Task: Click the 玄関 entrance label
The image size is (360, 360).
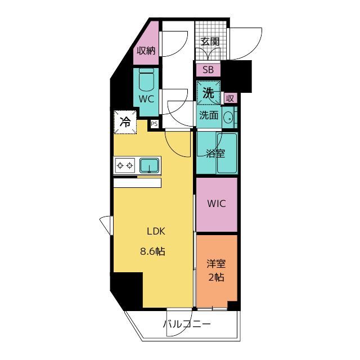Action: (210, 42)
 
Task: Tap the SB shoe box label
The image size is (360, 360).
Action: (208, 70)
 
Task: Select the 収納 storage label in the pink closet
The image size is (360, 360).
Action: (146, 51)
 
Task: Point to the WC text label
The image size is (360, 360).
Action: (146, 99)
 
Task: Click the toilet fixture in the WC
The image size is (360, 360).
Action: (146, 80)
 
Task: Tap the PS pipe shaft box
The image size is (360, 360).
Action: (154, 124)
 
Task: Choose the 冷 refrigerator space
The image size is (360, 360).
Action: (125, 122)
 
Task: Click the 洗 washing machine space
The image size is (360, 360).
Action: (209, 93)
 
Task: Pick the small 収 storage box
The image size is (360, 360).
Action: (230, 98)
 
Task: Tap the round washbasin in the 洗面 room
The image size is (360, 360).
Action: (228, 117)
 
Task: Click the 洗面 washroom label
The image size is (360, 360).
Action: (209, 115)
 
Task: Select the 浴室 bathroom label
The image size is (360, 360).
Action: (215, 154)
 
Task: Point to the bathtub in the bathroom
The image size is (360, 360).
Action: (227, 153)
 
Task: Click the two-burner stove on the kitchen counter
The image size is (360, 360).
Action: (125, 165)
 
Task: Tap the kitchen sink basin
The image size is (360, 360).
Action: (149, 165)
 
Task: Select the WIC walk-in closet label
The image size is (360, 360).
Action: (217, 204)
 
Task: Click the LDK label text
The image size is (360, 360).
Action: (156, 231)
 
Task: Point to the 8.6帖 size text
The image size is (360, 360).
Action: (152, 251)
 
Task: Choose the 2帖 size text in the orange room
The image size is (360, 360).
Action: (216, 277)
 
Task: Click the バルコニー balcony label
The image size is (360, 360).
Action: (187, 324)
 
